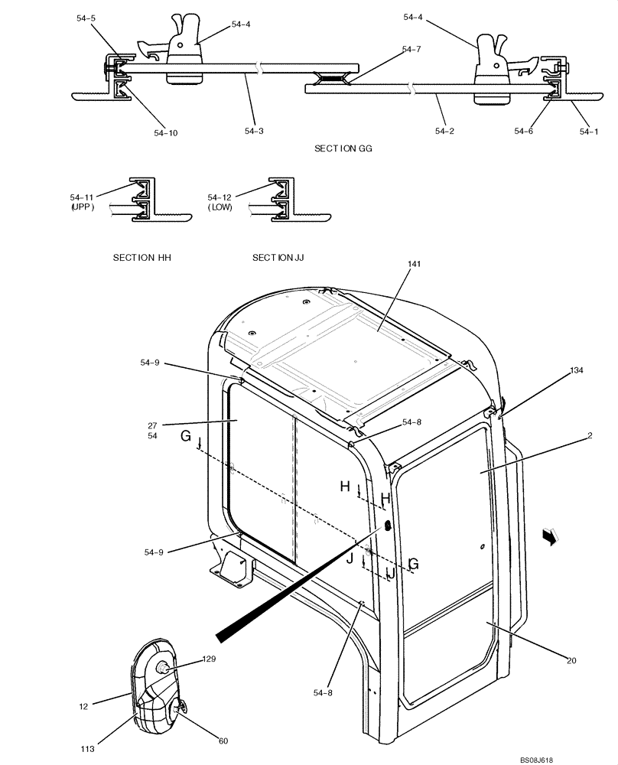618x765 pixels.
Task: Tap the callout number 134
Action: [576, 370]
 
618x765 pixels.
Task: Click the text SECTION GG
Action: [343, 148]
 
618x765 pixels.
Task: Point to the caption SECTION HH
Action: [142, 258]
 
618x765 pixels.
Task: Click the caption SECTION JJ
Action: [278, 258]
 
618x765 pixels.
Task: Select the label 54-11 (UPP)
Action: [82, 202]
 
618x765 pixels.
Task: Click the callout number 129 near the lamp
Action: [210, 659]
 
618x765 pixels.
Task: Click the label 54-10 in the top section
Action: [165, 133]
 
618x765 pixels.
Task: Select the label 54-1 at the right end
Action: [589, 132]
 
